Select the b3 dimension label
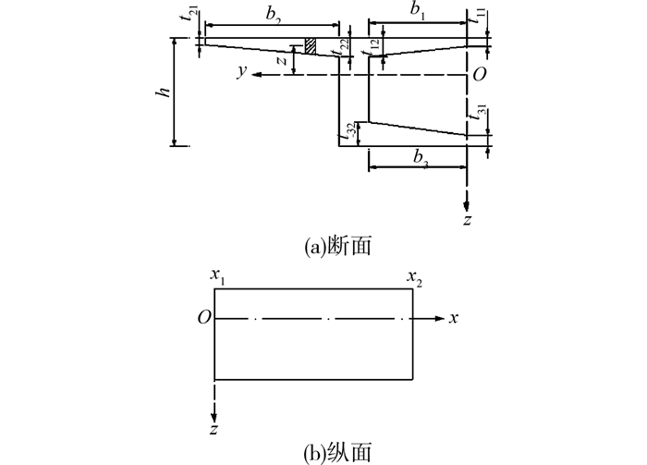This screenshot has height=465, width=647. tap(420, 157)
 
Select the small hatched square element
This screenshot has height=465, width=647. tap(311, 47)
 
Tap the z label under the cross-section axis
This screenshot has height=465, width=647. tap(469, 220)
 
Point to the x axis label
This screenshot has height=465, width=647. tap(454, 318)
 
